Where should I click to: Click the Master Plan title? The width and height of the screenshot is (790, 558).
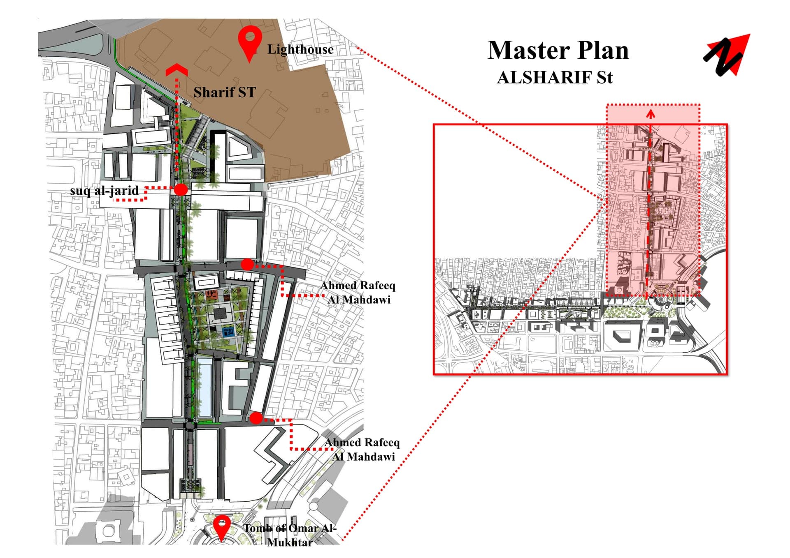point(558,50)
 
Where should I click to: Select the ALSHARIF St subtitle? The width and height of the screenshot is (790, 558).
point(555,78)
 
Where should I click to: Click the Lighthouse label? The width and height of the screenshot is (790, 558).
point(300,50)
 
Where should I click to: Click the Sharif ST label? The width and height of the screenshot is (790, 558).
point(225,92)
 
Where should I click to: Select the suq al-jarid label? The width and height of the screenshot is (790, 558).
point(105,191)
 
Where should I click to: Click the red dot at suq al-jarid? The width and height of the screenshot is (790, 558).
point(181,189)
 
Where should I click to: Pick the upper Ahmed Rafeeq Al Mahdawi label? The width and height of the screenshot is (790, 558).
point(358,293)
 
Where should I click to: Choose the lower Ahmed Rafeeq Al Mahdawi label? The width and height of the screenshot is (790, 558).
point(362,450)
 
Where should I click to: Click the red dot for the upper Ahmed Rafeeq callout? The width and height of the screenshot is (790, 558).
point(247,265)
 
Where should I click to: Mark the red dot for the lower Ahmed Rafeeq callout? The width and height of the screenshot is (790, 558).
point(256,418)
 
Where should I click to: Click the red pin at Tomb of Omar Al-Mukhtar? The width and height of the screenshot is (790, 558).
point(222,528)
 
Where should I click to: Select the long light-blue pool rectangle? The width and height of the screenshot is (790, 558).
point(205,387)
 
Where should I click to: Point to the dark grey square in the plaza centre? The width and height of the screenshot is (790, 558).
point(218,314)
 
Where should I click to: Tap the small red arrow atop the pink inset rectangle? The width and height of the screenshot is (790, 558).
point(650,113)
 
